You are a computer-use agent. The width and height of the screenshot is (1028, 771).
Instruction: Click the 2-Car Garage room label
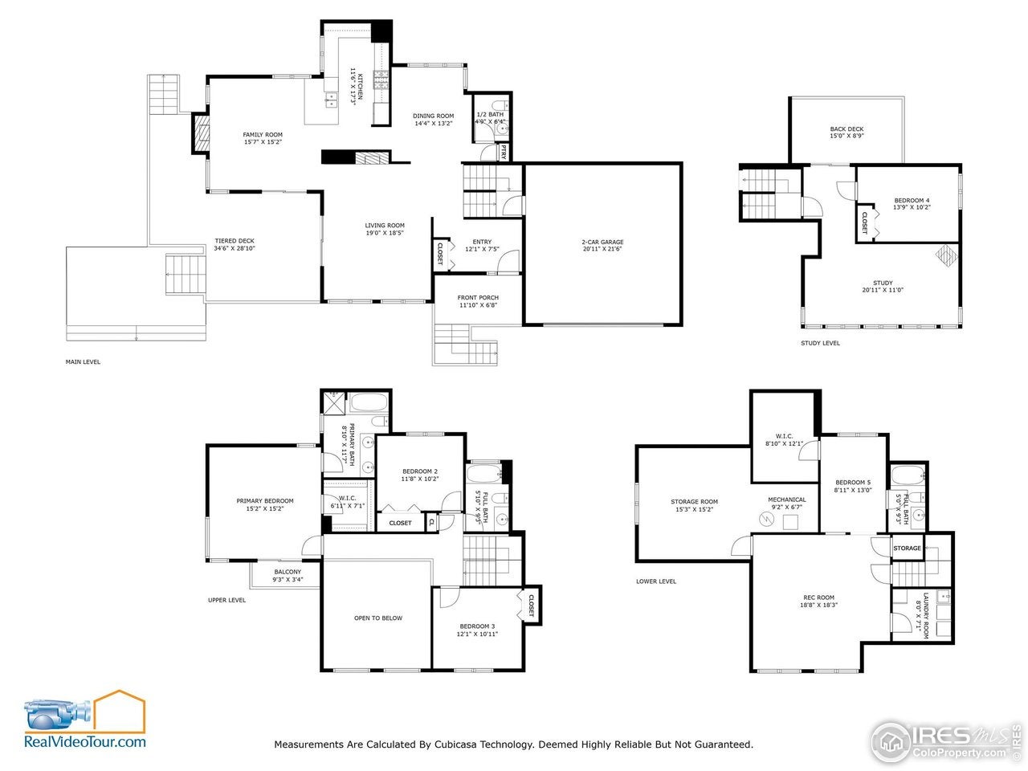(x=602, y=242)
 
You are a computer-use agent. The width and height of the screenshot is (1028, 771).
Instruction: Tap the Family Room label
(x=263, y=134)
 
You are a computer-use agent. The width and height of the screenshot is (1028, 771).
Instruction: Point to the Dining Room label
(x=434, y=116)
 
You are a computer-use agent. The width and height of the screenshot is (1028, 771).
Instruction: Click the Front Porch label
(x=478, y=297)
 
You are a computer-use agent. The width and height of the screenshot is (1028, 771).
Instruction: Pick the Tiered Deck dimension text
(x=235, y=248)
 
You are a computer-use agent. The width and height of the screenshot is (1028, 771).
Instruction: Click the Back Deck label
(x=846, y=128)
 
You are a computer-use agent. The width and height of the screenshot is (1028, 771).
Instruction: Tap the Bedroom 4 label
(x=912, y=200)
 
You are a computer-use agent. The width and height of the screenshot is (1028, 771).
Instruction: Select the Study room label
(x=883, y=283)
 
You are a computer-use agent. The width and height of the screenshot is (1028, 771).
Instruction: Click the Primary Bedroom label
(x=264, y=501)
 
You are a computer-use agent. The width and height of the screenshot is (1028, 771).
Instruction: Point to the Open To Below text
(x=378, y=618)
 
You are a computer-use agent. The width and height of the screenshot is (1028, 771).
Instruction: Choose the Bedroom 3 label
(x=477, y=626)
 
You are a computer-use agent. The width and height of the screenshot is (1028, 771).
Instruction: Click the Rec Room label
(x=818, y=597)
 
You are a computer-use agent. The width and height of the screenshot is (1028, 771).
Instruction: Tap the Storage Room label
(x=694, y=501)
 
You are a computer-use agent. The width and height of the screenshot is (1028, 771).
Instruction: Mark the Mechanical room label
(x=786, y=500)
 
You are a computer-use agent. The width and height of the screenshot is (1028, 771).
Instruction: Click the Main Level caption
(x=83, y=361)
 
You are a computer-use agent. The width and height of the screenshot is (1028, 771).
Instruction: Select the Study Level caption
(x=820, y=343)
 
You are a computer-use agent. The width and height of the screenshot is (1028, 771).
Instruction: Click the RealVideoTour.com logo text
(x=85, y=742)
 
